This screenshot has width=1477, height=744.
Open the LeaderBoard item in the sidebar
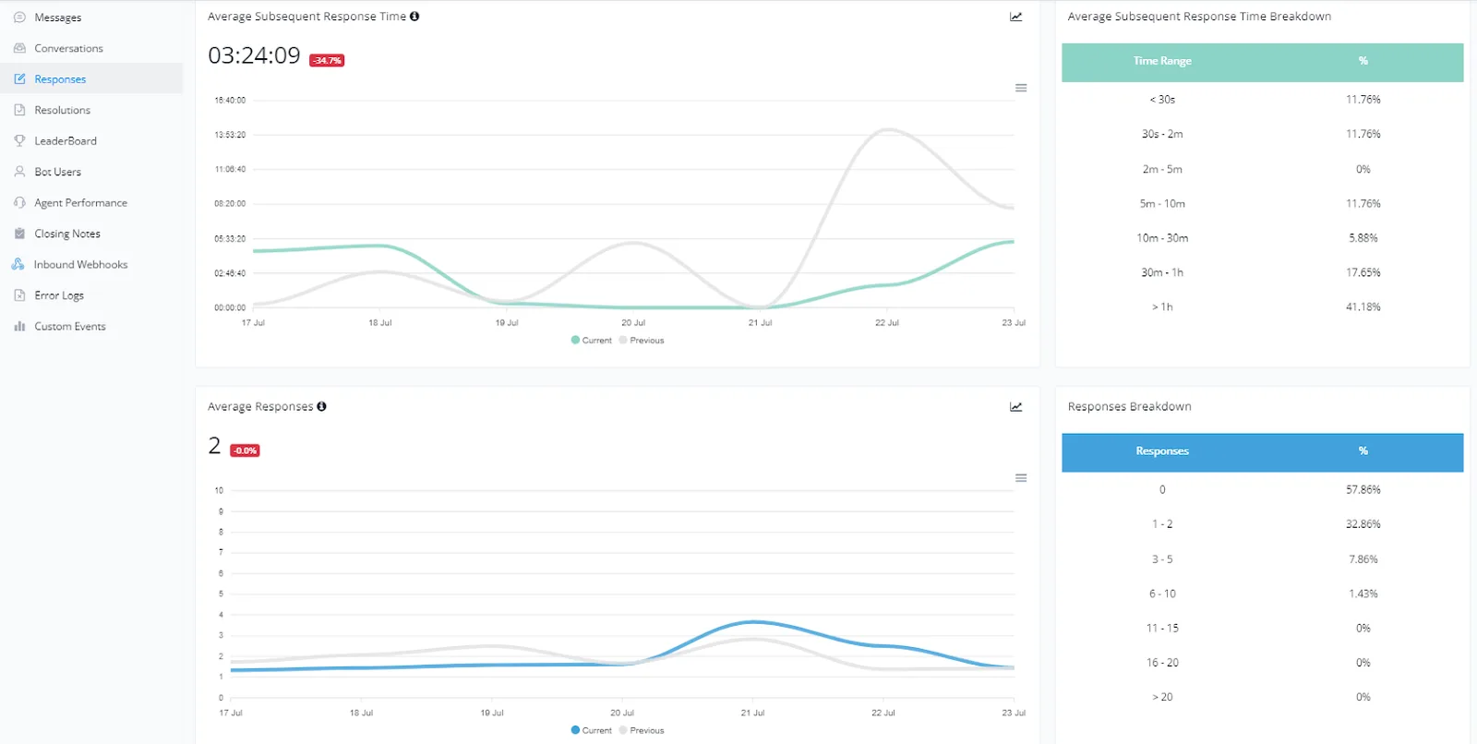66,140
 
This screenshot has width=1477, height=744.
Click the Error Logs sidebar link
59,294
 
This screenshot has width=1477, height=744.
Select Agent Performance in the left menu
80,202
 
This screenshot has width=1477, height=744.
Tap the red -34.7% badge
327,60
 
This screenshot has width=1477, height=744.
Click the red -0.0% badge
245,450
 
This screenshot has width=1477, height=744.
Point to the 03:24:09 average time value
254,55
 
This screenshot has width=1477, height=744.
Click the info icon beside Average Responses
322,406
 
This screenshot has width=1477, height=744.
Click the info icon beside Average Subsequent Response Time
414,16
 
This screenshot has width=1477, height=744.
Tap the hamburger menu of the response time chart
1021,88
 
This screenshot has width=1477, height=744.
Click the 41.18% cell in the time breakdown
1363,306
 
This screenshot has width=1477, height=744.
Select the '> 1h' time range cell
1162,306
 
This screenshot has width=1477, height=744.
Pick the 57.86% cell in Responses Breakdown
1363,489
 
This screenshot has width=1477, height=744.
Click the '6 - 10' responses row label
1162,594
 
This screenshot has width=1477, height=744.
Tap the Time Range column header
1162,61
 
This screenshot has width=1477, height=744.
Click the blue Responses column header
1162,451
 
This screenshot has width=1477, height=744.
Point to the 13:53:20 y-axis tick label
230,135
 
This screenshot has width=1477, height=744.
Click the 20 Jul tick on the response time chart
633,322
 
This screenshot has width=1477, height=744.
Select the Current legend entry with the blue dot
592,730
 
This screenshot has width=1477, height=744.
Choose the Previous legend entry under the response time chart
642,341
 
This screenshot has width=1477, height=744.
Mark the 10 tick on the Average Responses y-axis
219,490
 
